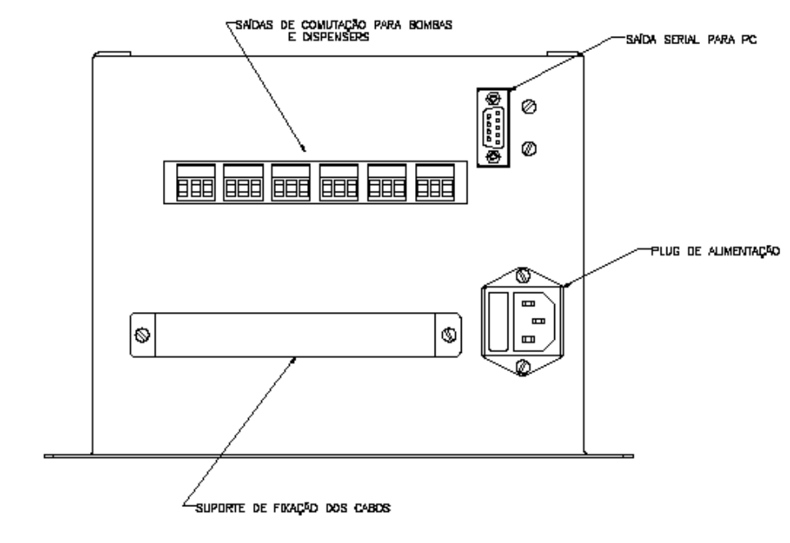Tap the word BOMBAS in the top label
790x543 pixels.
431,25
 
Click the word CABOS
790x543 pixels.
372,509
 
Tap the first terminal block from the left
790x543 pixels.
196,183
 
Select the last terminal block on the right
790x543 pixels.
435,183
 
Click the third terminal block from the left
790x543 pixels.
291,183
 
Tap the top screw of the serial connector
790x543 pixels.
493,97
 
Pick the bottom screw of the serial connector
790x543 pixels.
493,156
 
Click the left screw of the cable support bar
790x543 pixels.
142,335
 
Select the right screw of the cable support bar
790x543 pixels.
449,335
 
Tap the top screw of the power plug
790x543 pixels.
523,276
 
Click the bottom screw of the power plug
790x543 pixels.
523,367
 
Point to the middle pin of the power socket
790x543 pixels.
539,321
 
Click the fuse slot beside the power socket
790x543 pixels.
499,322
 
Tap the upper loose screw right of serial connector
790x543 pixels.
529,106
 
